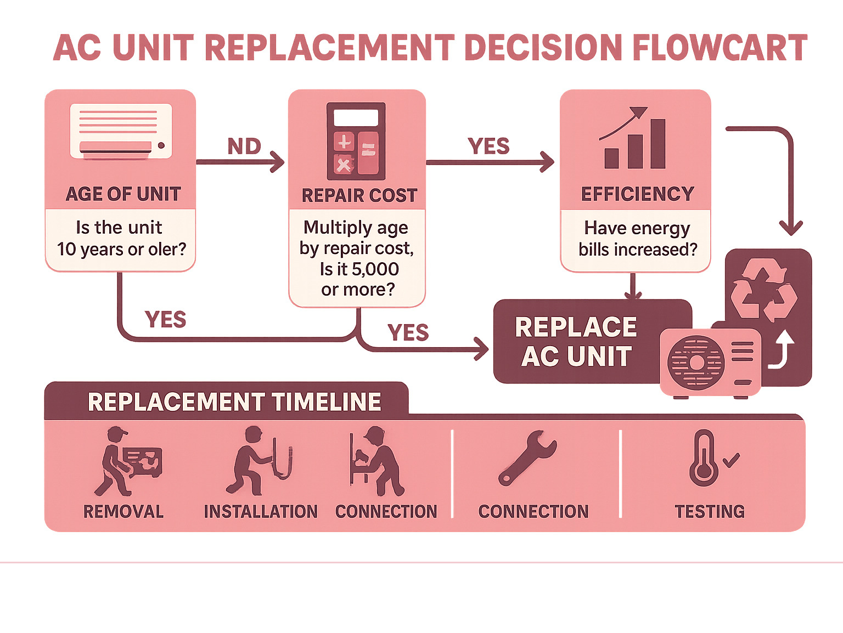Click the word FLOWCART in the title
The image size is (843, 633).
pos(719,48)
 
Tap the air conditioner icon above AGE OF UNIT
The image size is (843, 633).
pos(121,132)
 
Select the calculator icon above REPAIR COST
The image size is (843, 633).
pos(356,142)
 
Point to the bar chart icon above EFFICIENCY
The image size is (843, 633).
pos(633,139)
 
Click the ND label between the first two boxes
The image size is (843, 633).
pos(244,146)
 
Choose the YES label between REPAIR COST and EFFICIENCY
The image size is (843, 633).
pos(488,146)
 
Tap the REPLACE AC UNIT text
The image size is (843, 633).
pos(576,342)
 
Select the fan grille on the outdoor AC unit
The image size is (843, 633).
pos(695,363)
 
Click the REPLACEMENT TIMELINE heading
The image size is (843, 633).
pos(234,402)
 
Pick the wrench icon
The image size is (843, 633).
pos(527,458)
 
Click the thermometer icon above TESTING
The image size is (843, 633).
pos(704,458)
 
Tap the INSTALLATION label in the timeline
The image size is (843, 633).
pos(261,512)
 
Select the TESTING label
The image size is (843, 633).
pos(710,512)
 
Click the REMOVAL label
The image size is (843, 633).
pos(123,512)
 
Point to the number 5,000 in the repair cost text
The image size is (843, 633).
pos(375,269)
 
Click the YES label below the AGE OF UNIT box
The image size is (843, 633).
pos(165,319)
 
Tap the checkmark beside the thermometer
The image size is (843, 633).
pos(731,460)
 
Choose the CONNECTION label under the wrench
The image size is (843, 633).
pos(533,512)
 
